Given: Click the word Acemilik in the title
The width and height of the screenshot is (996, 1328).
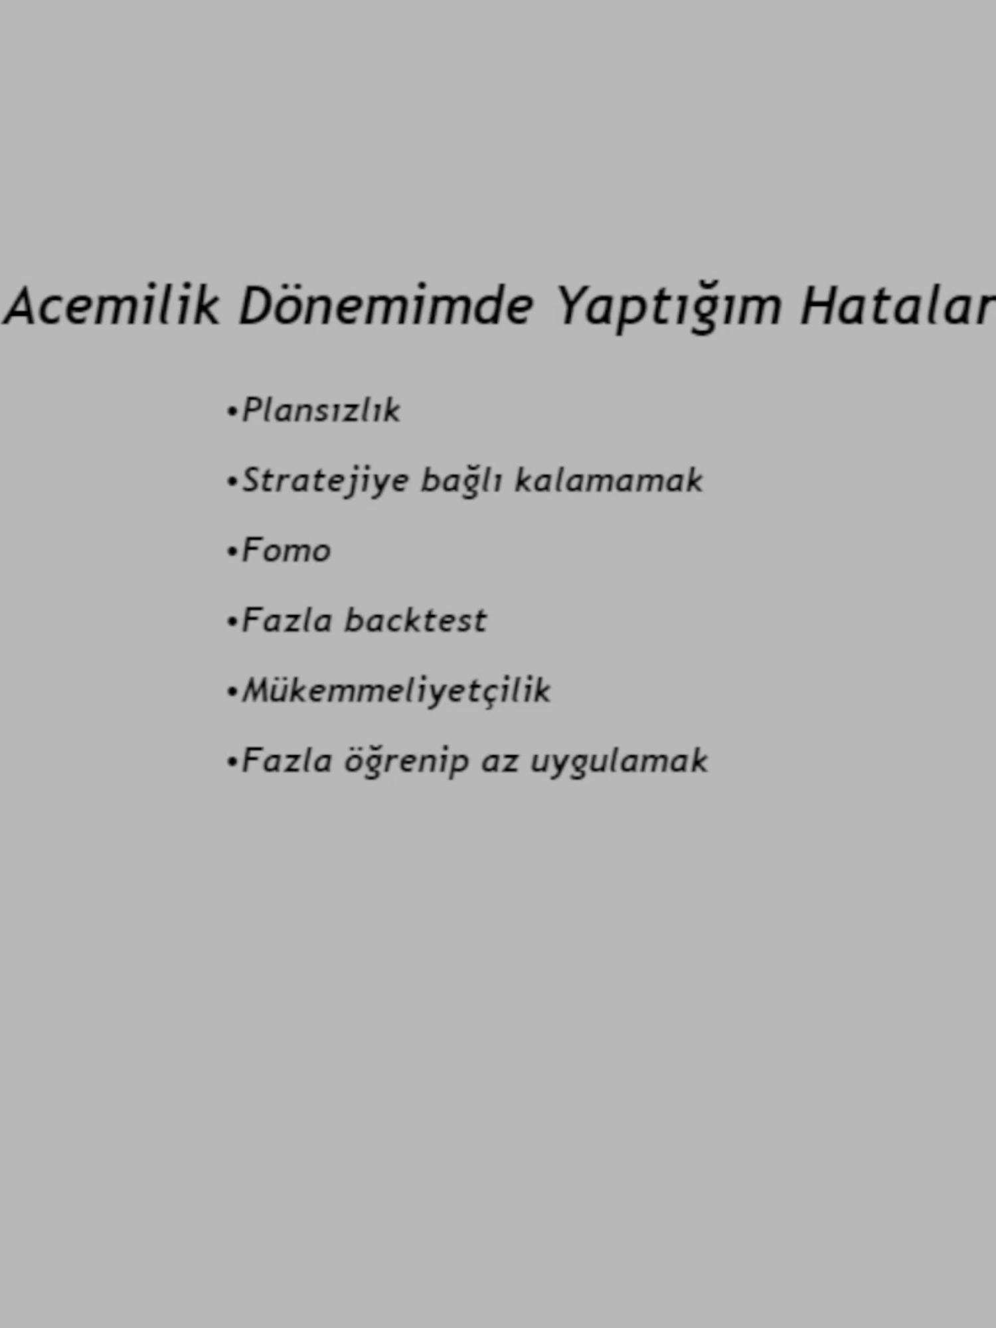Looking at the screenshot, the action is coord(112,305).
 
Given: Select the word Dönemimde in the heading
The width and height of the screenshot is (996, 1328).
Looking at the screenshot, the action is coord(386,305).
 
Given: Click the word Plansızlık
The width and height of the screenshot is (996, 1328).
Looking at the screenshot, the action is coord(321,410).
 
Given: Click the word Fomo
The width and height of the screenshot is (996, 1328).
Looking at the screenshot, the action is coord(286,550).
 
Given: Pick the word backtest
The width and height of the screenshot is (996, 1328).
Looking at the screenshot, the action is coord(416,620).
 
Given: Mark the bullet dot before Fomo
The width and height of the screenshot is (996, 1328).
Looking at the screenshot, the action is coord(232,552).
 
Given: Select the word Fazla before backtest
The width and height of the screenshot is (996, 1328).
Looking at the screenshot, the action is coord(287,620).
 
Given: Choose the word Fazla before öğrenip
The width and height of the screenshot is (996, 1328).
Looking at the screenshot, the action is coord(287,760).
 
